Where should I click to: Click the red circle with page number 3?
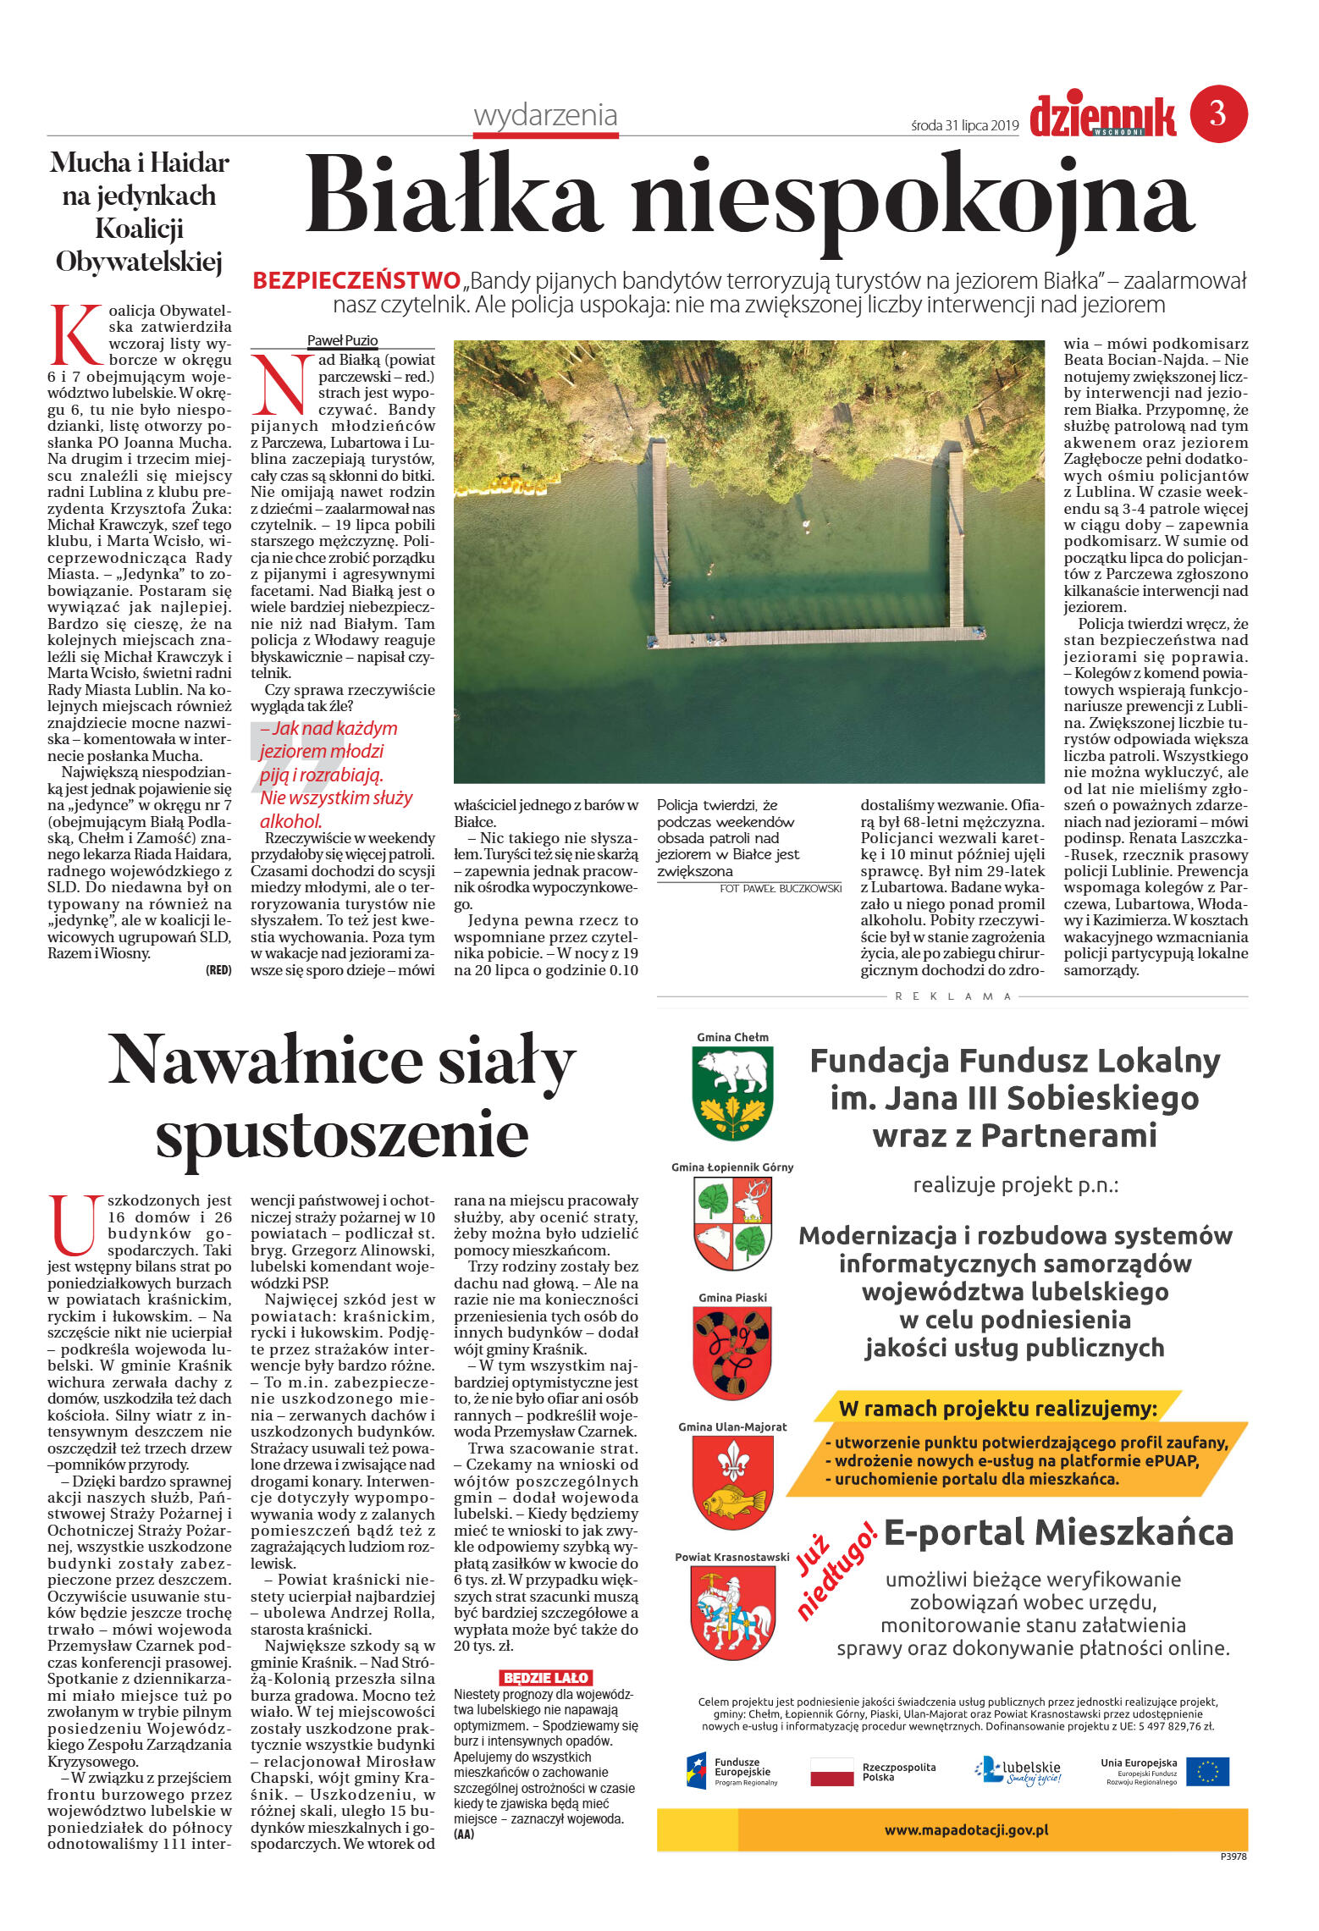[1218, 113]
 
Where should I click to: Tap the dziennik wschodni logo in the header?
[1102, 117]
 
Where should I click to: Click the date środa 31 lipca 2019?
[964, 125]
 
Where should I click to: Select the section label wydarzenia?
[545, 115]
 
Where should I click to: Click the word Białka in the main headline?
[454, 198]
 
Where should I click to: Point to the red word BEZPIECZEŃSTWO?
[356, 280]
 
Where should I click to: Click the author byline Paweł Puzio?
[342, 340]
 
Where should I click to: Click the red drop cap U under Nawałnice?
[73, 1225]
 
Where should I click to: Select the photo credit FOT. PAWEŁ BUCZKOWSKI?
[780, 888]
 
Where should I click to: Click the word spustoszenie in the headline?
[342, 1134]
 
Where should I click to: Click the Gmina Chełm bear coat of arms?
[732, 1092]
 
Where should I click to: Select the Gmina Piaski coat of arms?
[732, 1352]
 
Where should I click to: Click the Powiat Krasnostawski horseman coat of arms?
[732, 1614]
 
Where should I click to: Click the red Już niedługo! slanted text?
[833, 1570]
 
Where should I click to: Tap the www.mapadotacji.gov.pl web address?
[966, 1829]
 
